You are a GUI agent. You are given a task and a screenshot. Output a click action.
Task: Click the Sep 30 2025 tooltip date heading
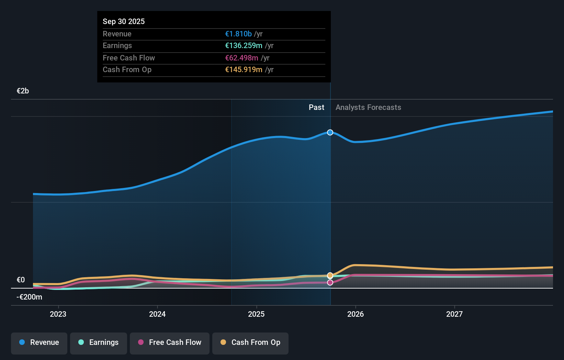pyautogui.click(x=124, y=21)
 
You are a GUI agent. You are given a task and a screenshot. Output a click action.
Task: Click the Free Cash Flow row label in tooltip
pyautogui.click(x=129, y=58)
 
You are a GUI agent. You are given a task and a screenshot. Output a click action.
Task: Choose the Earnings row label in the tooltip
pyautogui.click(x=117, y=45)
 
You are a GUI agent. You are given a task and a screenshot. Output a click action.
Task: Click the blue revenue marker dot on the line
pyautogui.click(x=330, y=132)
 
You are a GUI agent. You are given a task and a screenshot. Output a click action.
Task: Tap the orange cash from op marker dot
pyautogui.click(x=330, y=275)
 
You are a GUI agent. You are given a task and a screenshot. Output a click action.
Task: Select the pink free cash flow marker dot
pyautogui.click(x=330, y=282)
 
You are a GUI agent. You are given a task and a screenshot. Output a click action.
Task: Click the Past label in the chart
pyautogui.click(x=316, y=107)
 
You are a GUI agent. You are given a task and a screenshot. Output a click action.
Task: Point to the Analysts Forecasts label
pyautogui.click(x=368, y=107)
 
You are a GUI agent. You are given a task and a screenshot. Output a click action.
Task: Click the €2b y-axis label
pyautogui.click(x=23, y=91)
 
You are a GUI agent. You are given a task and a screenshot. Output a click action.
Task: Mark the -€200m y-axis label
pyautogui.click(x=29, y=297)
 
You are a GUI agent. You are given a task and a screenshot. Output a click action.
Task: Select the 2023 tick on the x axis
pyautogui.click(x=58, y=314)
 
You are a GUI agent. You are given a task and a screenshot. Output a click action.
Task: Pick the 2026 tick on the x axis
pyautogui.click(x=356, y=314)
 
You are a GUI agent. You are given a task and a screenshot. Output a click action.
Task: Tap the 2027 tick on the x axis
pyautogui.click(x=454, y=314)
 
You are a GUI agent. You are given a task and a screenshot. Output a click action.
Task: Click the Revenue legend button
pyautogui.click(x=39, y=342)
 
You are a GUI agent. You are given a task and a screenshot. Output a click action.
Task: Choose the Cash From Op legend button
pyautogui.click(x=250, y=342)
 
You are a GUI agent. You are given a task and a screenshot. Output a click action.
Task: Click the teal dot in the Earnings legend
pyautogui.click(x=81, y=342)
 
